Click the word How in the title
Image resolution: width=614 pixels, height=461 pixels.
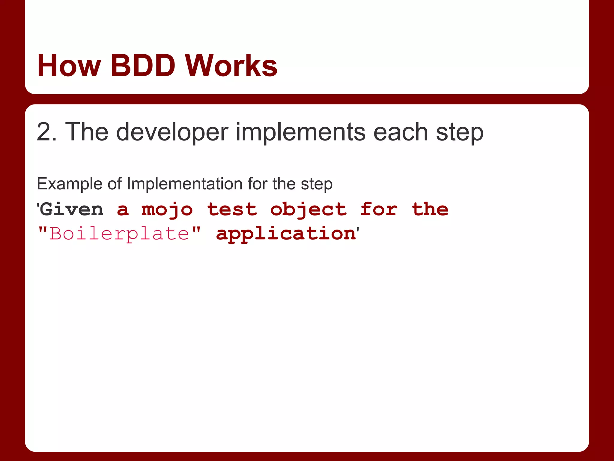[69, 66]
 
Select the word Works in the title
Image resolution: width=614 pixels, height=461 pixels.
[231, 66]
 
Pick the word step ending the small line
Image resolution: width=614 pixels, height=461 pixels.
[317, 184]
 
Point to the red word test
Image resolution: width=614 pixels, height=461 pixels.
[232, 209]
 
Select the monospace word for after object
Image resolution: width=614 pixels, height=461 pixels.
[379, 209]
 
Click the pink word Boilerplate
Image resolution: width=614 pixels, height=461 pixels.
[120, 234]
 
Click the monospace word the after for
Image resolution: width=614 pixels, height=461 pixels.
[430, 209]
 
